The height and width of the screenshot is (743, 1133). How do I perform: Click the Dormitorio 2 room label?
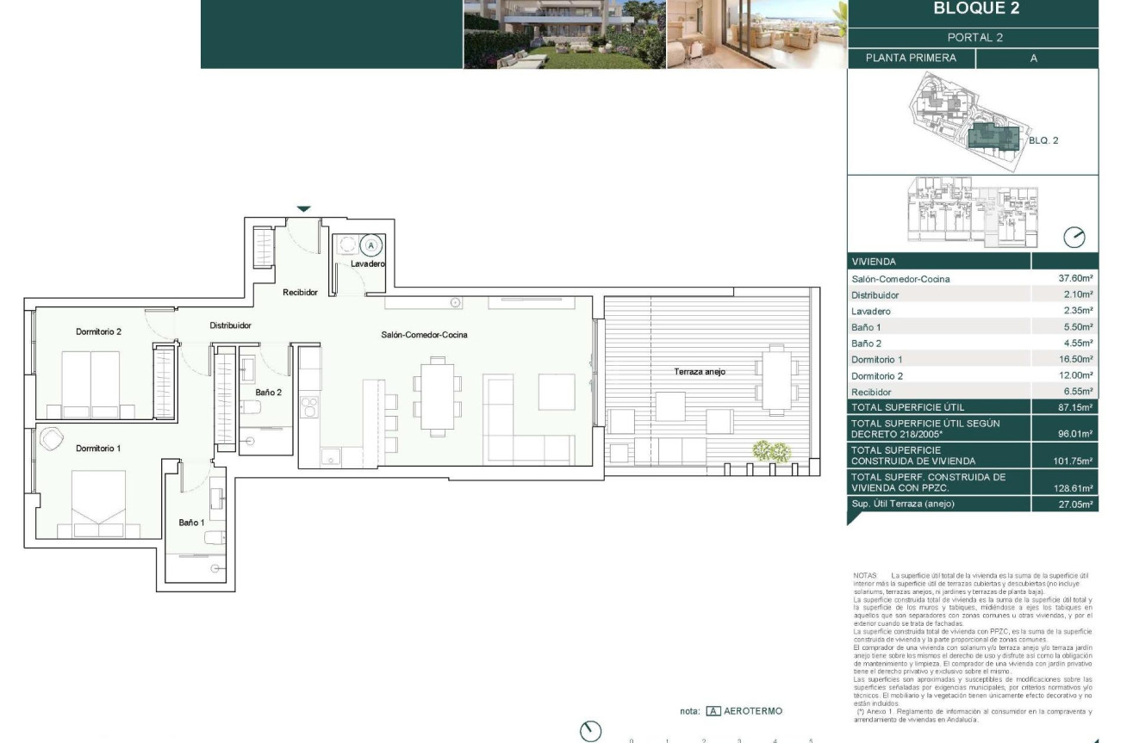coord(98,331)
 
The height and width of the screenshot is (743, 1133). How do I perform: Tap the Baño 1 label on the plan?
coord(191,523)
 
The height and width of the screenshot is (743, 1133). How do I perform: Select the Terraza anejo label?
coord(699,372)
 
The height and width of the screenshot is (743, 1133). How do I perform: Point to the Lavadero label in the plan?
coord(367,264)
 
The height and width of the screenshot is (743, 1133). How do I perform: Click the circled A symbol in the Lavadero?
coord(371,245)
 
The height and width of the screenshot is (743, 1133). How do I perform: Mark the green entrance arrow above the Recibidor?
coord(303,208)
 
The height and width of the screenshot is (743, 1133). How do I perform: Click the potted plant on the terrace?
coord(771,451)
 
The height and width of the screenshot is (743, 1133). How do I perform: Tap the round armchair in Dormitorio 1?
coord(52,438)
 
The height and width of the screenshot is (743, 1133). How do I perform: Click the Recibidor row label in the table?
coord(871,392)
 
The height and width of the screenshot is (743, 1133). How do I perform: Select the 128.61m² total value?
coord(1075,488)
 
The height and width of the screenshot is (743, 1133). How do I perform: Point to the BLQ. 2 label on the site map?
coord(1043,140)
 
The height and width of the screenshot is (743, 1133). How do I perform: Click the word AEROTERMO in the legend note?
coord(754,711)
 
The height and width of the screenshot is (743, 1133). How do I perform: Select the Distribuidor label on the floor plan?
coord(230,326)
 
